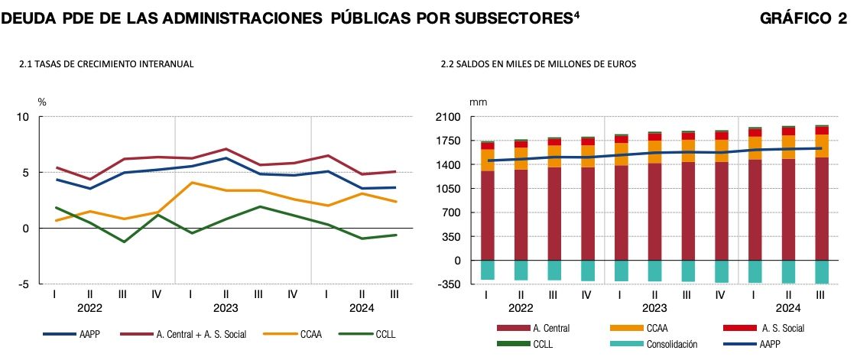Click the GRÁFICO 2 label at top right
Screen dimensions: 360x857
[803, 18]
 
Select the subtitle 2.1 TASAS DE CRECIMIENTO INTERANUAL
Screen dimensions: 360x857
[106, 65]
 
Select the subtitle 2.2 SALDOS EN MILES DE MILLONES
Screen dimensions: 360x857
[538, 65]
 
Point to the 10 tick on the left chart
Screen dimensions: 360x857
[23, 117]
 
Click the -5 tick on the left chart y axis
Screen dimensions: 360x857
[24, 284]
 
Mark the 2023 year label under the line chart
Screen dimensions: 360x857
[226, 309]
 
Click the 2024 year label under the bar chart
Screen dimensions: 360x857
[788, 309]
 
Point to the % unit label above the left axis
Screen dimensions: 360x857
[42, 102]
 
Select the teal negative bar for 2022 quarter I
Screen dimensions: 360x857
[487, 270]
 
